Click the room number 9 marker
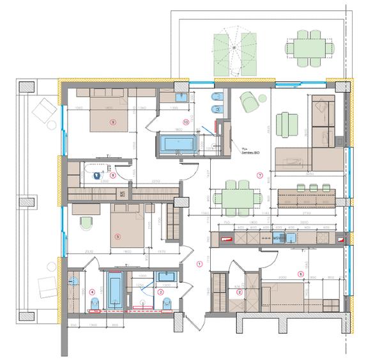coord(112,121)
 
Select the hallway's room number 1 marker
coord(199,263)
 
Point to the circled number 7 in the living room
coord(259,175)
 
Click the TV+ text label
coord(238,146)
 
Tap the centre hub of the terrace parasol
coord(234,47)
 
